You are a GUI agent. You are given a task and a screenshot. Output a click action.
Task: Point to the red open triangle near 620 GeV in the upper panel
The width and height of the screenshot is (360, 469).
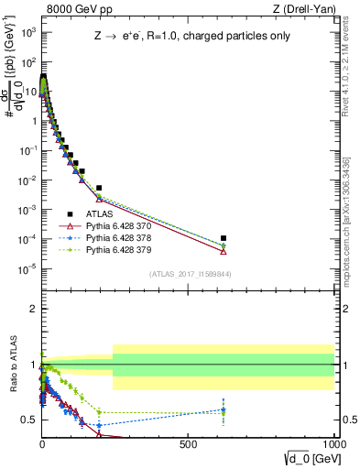tap(224, 251)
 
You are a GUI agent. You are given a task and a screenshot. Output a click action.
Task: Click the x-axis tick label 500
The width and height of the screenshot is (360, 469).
tap(188, 442)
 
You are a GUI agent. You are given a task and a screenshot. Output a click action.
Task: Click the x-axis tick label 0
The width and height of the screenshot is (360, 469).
tap(42, 442)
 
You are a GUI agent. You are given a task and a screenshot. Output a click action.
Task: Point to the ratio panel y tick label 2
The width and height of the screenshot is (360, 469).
tap(33, 309)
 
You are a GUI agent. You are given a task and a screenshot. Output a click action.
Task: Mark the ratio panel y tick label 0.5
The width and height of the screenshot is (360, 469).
tap(29, 420)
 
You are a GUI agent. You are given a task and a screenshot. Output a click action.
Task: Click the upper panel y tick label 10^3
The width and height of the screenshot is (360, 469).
tap(27, 32)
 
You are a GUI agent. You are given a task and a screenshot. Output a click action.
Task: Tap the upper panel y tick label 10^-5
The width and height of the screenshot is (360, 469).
tap(27, 267)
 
